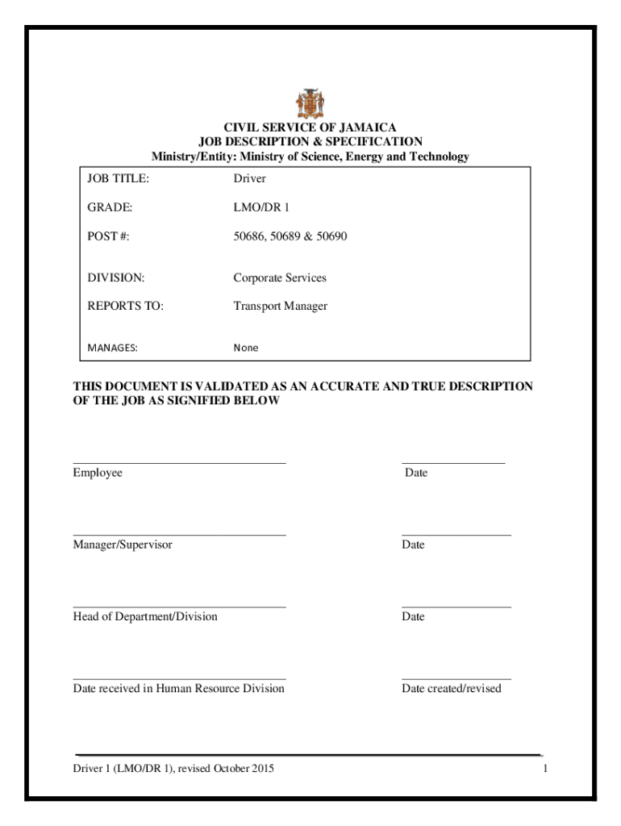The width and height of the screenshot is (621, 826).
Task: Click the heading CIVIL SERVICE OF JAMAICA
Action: pyautogui.click(x=310, y=127)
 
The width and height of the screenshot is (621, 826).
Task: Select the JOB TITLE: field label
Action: pyautogui.click(x=119, y=178)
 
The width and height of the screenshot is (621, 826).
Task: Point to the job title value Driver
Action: pyautogui.click(x=249, y=178)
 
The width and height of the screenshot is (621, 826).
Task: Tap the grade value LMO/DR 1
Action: pyautogui.click(x=261, y=207)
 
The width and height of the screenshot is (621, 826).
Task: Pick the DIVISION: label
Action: pyautogui.click(x=116, y=277)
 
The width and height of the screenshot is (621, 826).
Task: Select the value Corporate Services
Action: pyautogui.click(x=280, y=277)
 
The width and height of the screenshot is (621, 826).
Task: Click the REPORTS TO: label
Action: pyautogui.click(x=125, y=307)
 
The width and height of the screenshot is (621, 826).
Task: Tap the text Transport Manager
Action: pyautogui.click(x=280, y=307)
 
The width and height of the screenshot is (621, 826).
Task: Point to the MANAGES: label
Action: pyautogui.click(x=113, y=348)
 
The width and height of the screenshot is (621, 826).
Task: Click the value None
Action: pyautogui.click(x=246, y=348)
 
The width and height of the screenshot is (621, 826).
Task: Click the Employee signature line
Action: pyautogui.click(x=179, y=463)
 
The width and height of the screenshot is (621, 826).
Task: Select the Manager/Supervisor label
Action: pyautogui.click(x=123, y=544)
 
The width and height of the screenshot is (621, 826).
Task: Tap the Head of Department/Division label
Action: pyautogui.click(x=145, y=616)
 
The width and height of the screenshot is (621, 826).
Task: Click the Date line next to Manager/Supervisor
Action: pyautogui.click(x=456, y=535)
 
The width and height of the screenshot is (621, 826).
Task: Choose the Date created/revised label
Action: pyautogui.click(x=452, y=688)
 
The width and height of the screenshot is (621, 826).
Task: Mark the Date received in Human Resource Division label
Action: pyautogui.click(x=179, y=688)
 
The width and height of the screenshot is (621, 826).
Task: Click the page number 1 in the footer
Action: pyautogui.click(x=545, y=769)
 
